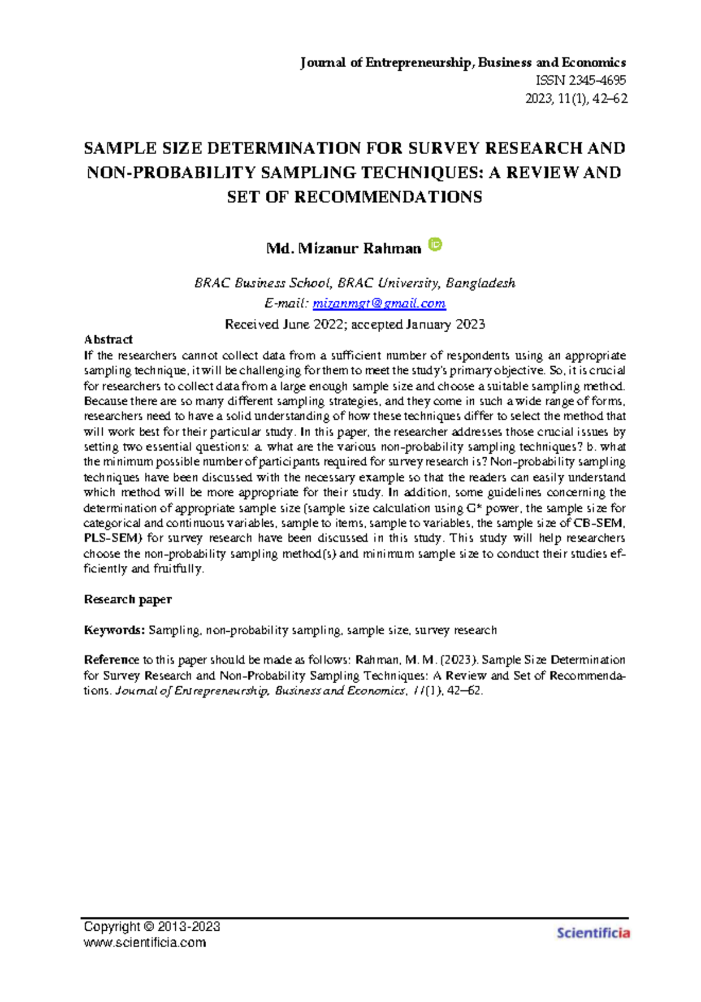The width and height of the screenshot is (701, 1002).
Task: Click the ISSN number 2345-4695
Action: tap(581, 81)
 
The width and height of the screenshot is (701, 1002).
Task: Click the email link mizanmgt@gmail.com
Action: tap(379, 304)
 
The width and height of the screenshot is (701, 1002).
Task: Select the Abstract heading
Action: tap(108, 339)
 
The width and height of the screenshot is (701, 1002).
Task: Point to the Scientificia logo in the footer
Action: tap(593, 933)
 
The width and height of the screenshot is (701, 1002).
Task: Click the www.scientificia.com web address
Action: tap(145, 942)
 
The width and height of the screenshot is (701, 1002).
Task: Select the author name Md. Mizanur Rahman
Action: tap(343, 249)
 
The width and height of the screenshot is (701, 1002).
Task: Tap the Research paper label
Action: tap(127, 599)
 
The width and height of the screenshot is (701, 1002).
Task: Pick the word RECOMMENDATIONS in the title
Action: tap(388, 197)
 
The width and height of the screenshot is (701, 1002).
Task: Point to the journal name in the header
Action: tap(463, 62)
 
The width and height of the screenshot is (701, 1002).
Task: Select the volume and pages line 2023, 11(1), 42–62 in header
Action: tap(576, 99)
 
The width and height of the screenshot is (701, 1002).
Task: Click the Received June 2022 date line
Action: tap(355, 325)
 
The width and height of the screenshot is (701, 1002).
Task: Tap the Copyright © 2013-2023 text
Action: tap(152, 927)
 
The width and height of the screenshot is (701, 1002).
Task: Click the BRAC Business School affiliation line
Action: tap(355, 283)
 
